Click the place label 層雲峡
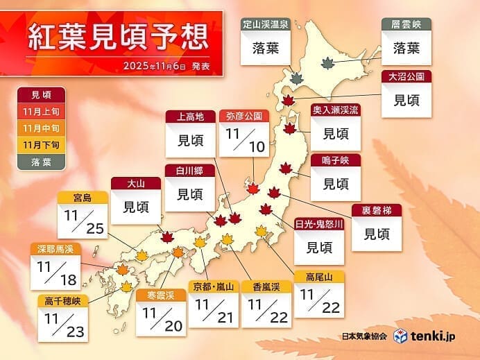(406, 24)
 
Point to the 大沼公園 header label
(407, 76)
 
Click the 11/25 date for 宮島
(83, 221)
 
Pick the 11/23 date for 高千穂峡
(63, 320)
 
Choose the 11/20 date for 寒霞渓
(160, 318)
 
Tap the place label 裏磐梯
(377, 209)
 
